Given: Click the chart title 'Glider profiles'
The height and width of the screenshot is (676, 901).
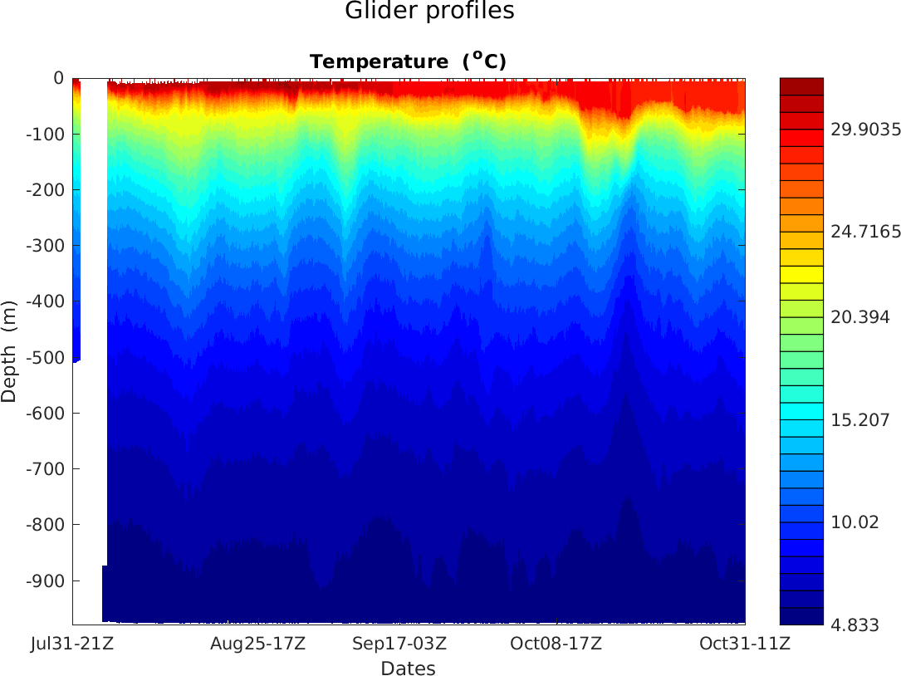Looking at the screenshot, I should click(429, 12).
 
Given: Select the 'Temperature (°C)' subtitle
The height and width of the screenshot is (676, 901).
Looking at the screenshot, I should click(408, 61).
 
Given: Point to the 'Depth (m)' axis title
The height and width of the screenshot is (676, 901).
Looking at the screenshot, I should click(9, 350).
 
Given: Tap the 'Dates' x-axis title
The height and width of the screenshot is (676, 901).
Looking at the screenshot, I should click(408, 669).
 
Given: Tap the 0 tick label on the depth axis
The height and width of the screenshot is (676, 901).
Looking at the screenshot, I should click(58, 79).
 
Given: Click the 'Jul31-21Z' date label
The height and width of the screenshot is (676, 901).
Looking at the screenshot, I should click(72, 644).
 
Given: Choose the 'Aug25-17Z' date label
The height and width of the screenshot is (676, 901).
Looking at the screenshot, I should click(257, 644).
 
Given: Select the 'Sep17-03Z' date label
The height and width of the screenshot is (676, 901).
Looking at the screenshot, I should click(400, 644).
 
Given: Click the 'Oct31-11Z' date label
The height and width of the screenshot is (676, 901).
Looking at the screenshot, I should click(743, 644).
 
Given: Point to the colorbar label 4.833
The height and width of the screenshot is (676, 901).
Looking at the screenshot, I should click(855, 625).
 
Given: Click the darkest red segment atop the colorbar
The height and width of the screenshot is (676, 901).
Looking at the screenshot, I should click(801, 86).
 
